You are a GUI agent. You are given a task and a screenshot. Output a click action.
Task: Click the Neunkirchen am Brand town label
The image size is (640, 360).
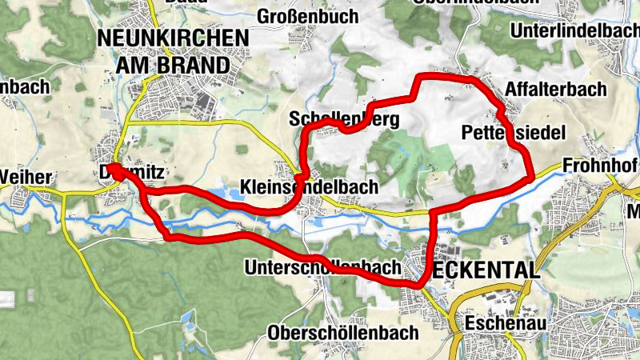(171, 50)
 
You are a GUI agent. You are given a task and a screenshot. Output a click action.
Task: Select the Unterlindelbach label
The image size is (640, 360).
(572, 30)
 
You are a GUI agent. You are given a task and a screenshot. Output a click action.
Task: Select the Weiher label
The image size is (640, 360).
(27, 176)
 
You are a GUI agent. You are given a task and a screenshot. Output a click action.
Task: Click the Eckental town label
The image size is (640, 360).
(486, 270)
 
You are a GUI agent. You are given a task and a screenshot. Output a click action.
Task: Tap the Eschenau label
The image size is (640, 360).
(499, 323)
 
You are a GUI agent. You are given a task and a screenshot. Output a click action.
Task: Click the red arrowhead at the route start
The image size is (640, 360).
(113, 169)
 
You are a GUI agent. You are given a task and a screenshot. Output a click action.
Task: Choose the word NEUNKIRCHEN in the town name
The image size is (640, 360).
(171, 38)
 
